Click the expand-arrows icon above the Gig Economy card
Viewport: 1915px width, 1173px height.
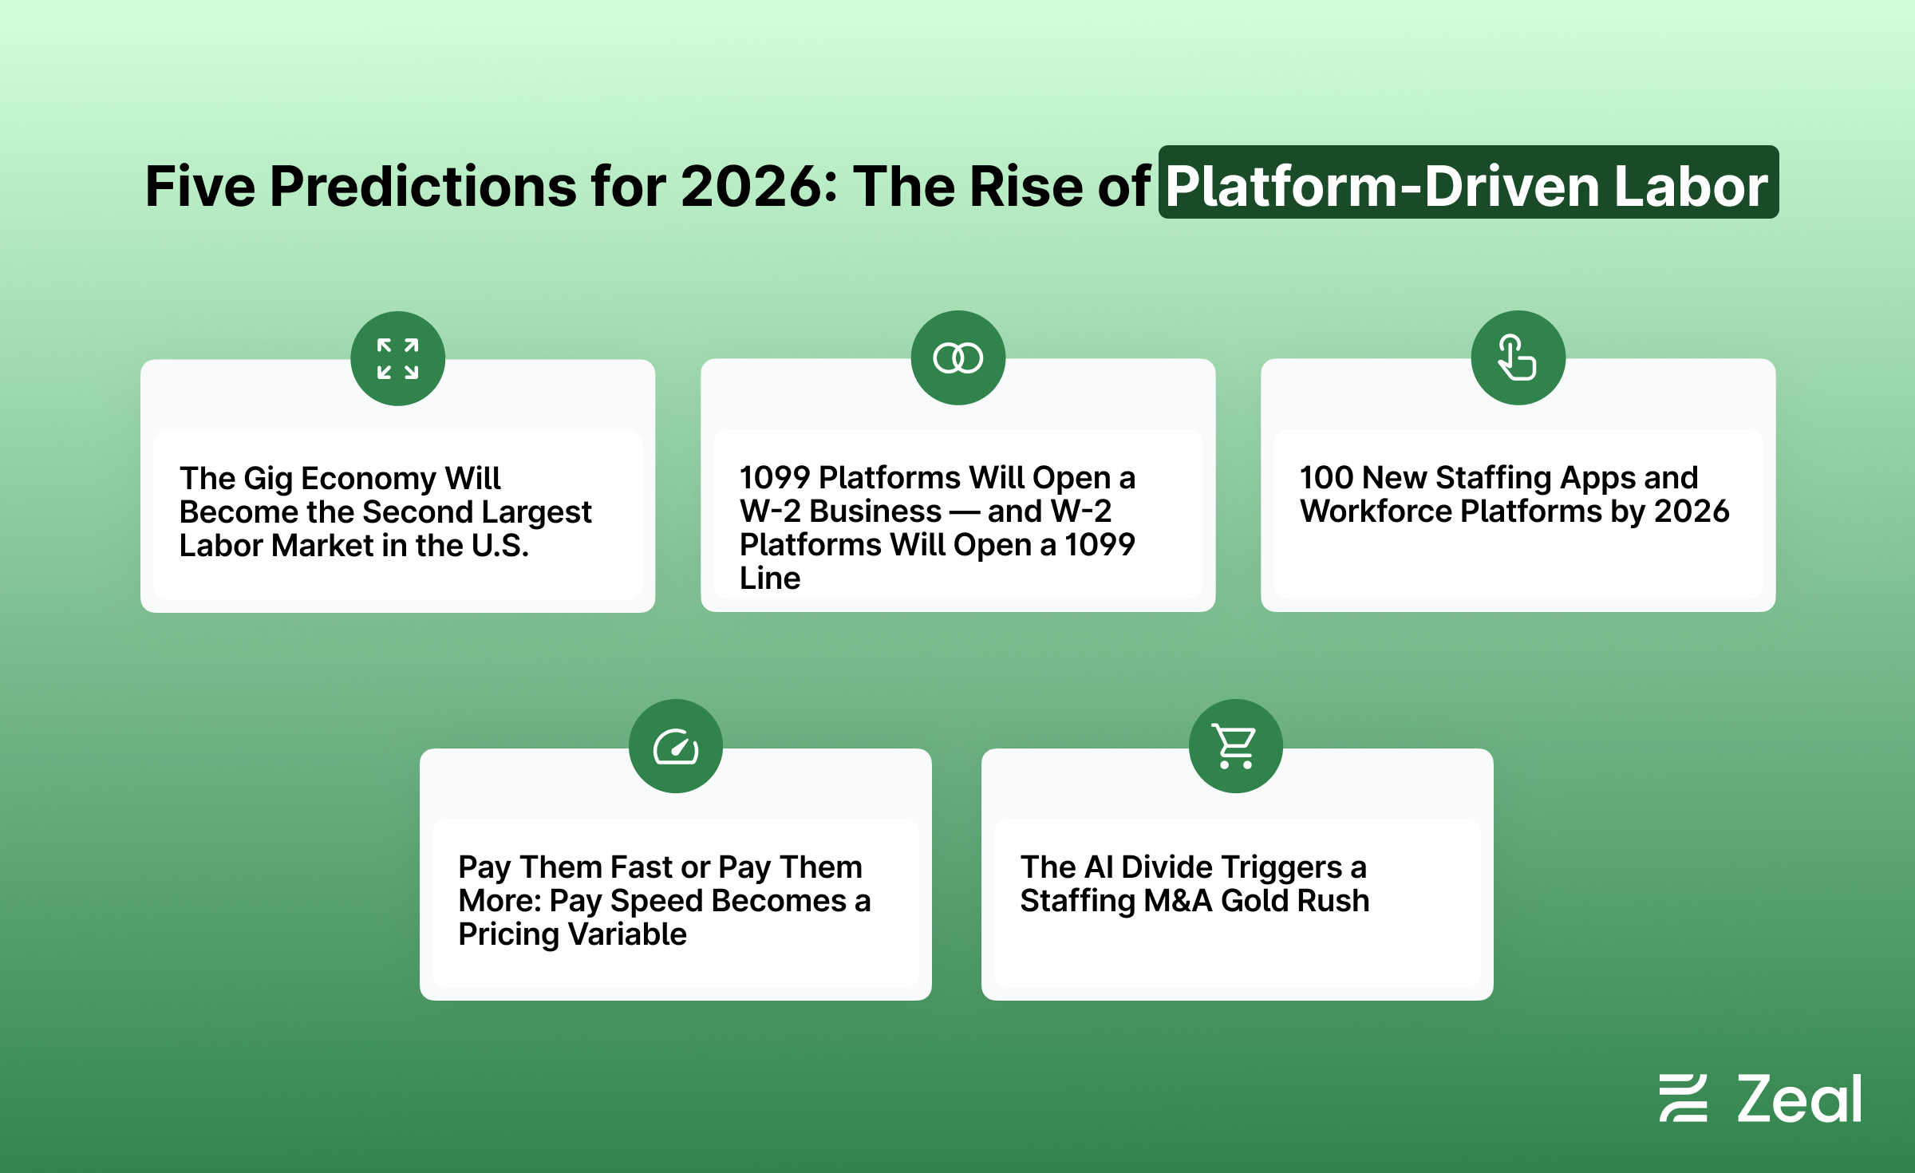(x=398, y=358)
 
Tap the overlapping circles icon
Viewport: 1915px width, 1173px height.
(x=958, y=357)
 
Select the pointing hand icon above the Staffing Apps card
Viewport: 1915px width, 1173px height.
(x=1517, y=357)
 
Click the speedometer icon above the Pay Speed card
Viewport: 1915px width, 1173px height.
(x=676, y=747)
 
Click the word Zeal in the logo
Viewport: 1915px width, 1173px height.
(x=1799, y=1099)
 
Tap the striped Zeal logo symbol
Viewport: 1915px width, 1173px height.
(x=1684, y=1098)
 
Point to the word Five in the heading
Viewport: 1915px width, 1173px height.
(x=200, y=187)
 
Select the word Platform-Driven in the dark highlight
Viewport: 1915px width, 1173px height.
(x=1383, y=187)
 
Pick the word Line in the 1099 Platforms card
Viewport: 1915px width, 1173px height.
(x=770, y=578)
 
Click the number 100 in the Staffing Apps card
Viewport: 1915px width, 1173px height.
(x=1327, y=478)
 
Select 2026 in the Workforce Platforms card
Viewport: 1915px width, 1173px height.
(x=1692, y=511)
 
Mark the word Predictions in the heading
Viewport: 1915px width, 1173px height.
(x=423, y=187)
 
